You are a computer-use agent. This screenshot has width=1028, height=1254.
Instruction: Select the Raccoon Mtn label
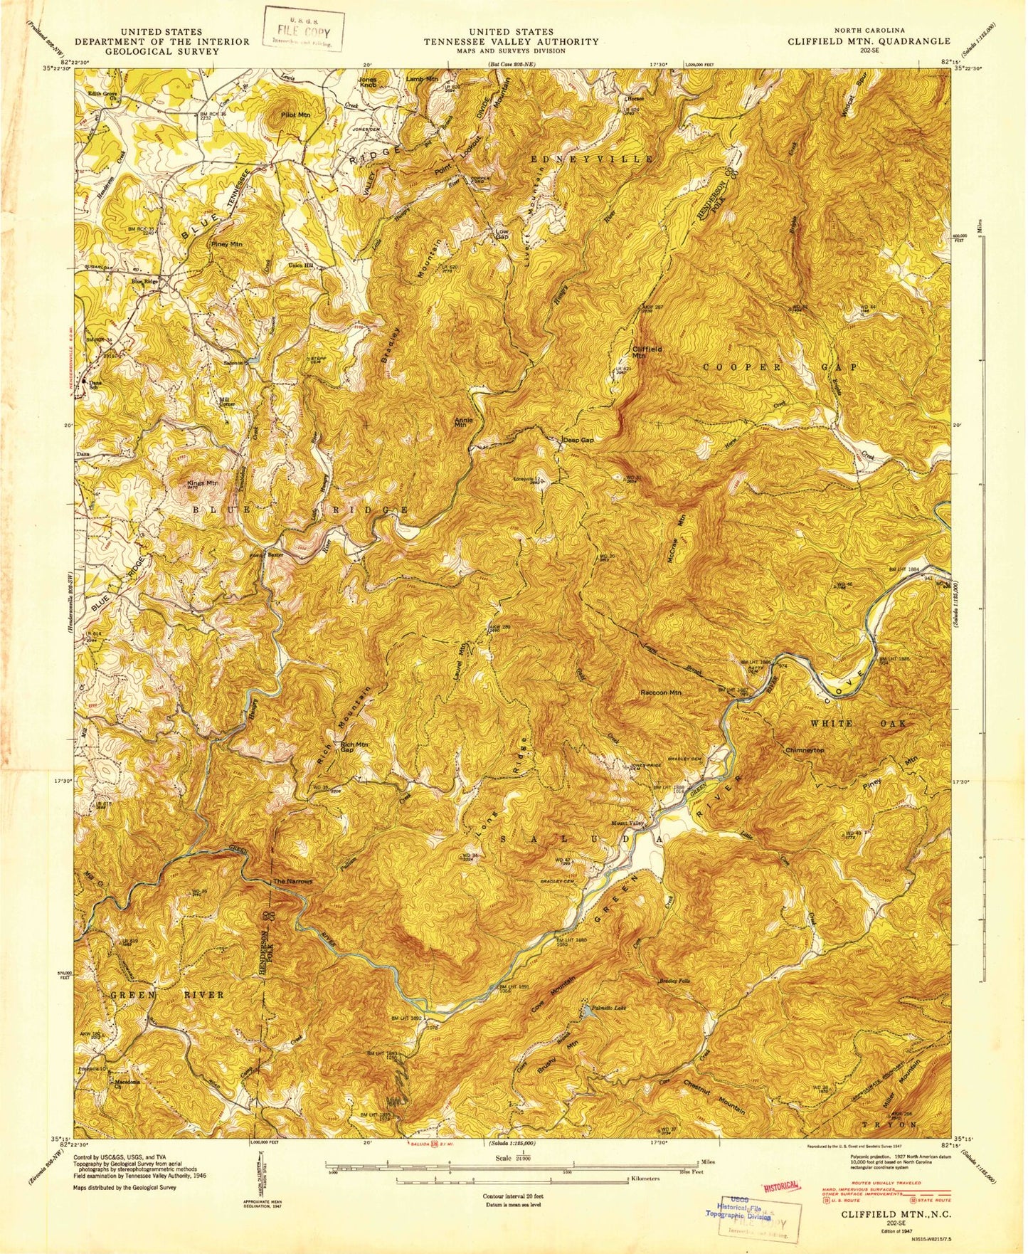click(x=661, y=692)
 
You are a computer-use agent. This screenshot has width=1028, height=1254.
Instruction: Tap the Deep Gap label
click(x=578, y=441)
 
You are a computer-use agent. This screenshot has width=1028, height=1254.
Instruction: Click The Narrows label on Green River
click(x=293, y=881)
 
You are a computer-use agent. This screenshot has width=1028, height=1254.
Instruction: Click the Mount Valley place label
click(x=627, y=823)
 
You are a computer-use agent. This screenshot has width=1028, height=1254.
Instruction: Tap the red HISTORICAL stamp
click(x=782, y=1186)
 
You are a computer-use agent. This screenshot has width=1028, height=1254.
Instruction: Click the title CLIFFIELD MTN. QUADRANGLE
click(x=868, y=41)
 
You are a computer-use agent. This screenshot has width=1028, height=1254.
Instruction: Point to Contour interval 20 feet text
click(x=513, y=1198)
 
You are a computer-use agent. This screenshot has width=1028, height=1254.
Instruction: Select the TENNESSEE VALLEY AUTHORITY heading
click(x=512, y=41)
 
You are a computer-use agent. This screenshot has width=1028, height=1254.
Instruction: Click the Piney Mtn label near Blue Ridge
click(x=226, y=244)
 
